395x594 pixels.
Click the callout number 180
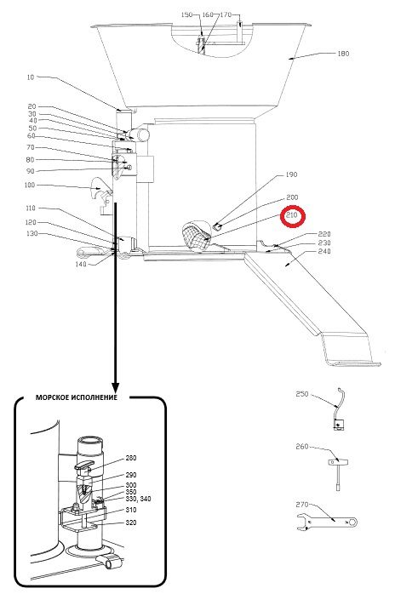(x=343, y=54)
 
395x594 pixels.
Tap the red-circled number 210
(x=293, y=216)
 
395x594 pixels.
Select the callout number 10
(x=31, y=77)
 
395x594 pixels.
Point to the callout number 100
(x=29, y=186)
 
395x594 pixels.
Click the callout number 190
(x=291, y=174)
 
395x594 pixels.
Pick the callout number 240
(x=324, y=251)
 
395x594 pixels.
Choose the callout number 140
(x=81, y=264)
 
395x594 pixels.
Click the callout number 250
(x=301, y=394)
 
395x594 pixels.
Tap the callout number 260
(x=301, y=447)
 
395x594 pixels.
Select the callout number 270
(x=301, y=505)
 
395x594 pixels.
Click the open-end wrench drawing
(x=327, y=523)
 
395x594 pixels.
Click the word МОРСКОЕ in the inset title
(x=53, y=397)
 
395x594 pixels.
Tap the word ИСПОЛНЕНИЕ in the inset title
(x=94, y=397)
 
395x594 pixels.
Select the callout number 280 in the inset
(x=131, y=458)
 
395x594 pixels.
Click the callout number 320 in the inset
(x=131, y=523)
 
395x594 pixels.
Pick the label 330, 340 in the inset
(x=138, y=499)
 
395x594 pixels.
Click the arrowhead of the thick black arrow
(x=115, y=387)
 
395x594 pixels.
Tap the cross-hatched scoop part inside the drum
(x=197, y=234)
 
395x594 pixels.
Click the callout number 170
(x=226, y=14)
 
